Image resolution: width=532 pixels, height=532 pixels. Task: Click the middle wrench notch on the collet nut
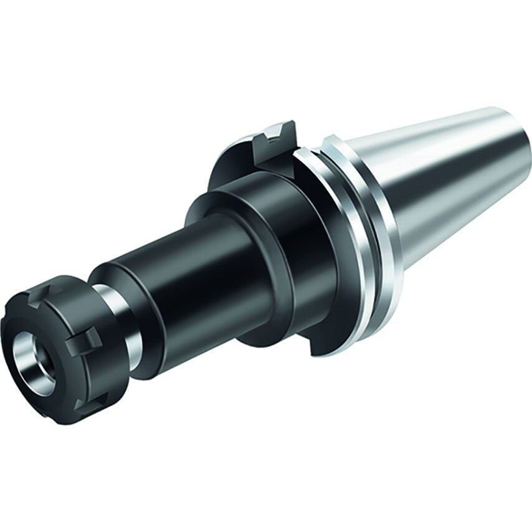pos(87,340)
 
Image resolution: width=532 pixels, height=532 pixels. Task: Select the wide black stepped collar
pos(293,249)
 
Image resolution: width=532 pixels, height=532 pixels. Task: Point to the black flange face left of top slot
pos(234,162)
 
